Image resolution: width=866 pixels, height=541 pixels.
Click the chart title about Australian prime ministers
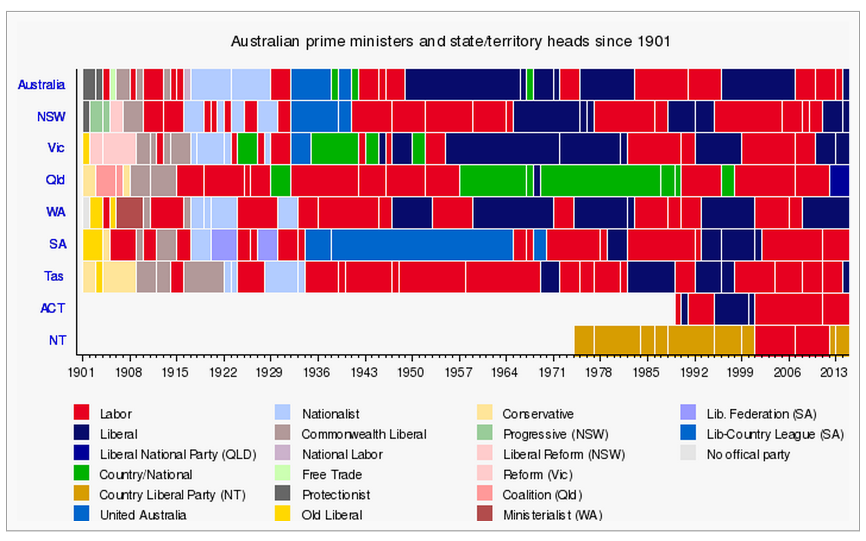(450, 42)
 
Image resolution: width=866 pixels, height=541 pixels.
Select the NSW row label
(51, 117)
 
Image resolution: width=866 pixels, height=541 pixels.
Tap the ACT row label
(52, 308)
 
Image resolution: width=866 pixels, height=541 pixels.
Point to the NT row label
(57, 340)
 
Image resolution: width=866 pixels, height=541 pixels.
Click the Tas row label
(54, 276)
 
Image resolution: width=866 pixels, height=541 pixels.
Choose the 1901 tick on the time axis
(81, 372)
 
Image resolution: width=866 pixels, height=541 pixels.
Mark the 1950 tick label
(410, 372)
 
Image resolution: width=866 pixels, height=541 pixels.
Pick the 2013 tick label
(834, 372)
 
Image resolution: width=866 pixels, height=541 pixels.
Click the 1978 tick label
(598, 372)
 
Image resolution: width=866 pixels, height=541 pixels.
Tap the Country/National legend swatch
(81, 474)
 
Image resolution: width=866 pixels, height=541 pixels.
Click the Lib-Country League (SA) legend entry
(774, 434)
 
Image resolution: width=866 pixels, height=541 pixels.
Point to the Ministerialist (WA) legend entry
(552, 515)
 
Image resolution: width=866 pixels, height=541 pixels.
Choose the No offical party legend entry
(748, 454)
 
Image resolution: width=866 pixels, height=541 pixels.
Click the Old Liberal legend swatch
(283, 514)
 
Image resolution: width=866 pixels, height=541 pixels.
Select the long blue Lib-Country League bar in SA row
(422, 244)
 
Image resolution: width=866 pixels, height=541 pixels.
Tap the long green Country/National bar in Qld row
(600, 180)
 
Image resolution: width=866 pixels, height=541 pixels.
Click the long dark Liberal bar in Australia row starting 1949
(462, 84)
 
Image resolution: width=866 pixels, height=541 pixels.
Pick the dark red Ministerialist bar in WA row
(129, 212)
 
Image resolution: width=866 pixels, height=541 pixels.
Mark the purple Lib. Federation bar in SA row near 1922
(224, 244)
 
